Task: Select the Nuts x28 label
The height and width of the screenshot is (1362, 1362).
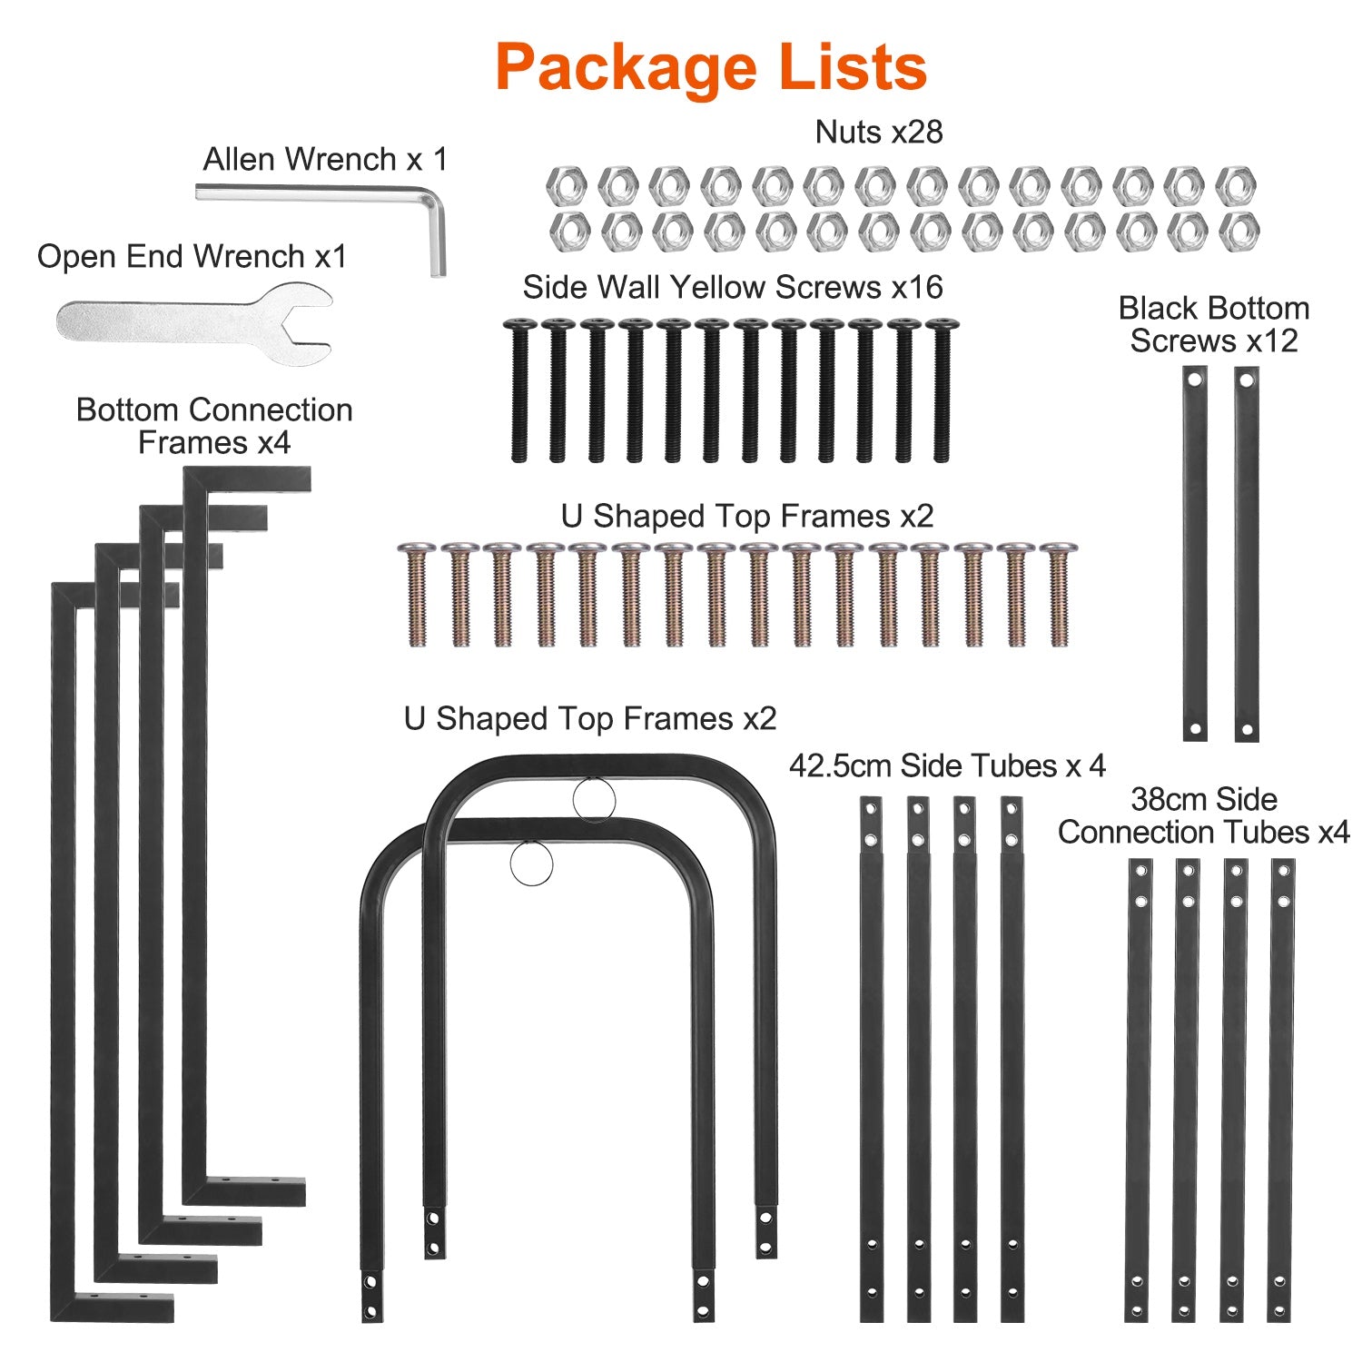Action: [x=878, y=133]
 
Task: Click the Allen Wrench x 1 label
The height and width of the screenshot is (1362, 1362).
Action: [x=325, y=160]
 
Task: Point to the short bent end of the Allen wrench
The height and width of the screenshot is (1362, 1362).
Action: [x=437, y=236]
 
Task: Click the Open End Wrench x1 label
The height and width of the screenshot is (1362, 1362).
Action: [x=192, y=257]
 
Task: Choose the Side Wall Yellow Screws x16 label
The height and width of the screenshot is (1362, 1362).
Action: [x=732, y=288]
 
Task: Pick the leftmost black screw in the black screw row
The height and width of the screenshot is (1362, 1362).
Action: [x=519, y=390]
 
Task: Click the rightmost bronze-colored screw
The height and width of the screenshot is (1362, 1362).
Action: [x=1057, y=595]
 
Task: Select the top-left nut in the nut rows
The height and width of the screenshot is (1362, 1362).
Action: [x=566, y=186]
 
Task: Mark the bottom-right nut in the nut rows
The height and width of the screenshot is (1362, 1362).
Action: [x=1239, y=232]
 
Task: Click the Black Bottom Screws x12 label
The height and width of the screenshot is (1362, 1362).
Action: [x=1213, y=325]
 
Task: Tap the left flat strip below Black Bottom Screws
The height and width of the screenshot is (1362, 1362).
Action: [x=1195, y=554]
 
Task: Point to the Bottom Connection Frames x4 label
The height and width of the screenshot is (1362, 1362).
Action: [x=214, y=426]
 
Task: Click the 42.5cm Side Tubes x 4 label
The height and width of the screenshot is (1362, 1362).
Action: [x=947, y=766]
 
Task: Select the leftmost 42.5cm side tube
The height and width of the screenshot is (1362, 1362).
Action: [x=871, y=1058]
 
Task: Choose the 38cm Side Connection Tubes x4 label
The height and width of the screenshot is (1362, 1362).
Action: [x=1203, y=815]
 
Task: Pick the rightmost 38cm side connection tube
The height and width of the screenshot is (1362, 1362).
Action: [x=1281, y=1090]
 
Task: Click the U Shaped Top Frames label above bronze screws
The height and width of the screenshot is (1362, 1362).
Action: [x=746, y=517]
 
